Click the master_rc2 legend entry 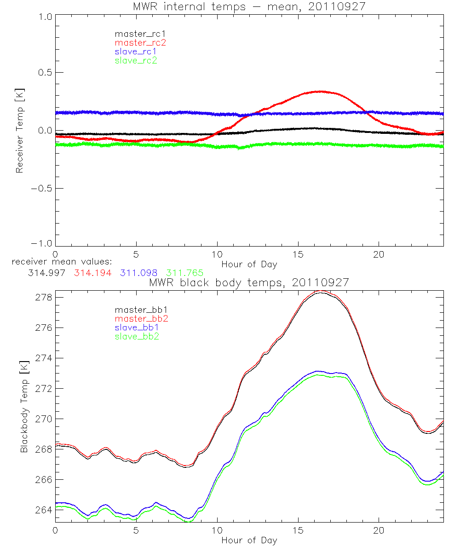point(140,42)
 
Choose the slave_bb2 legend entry point(138,337)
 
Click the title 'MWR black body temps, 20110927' point(249,282)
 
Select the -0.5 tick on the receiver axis point(41,189)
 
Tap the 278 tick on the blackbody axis point(43,298)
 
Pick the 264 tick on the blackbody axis point(43,510)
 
